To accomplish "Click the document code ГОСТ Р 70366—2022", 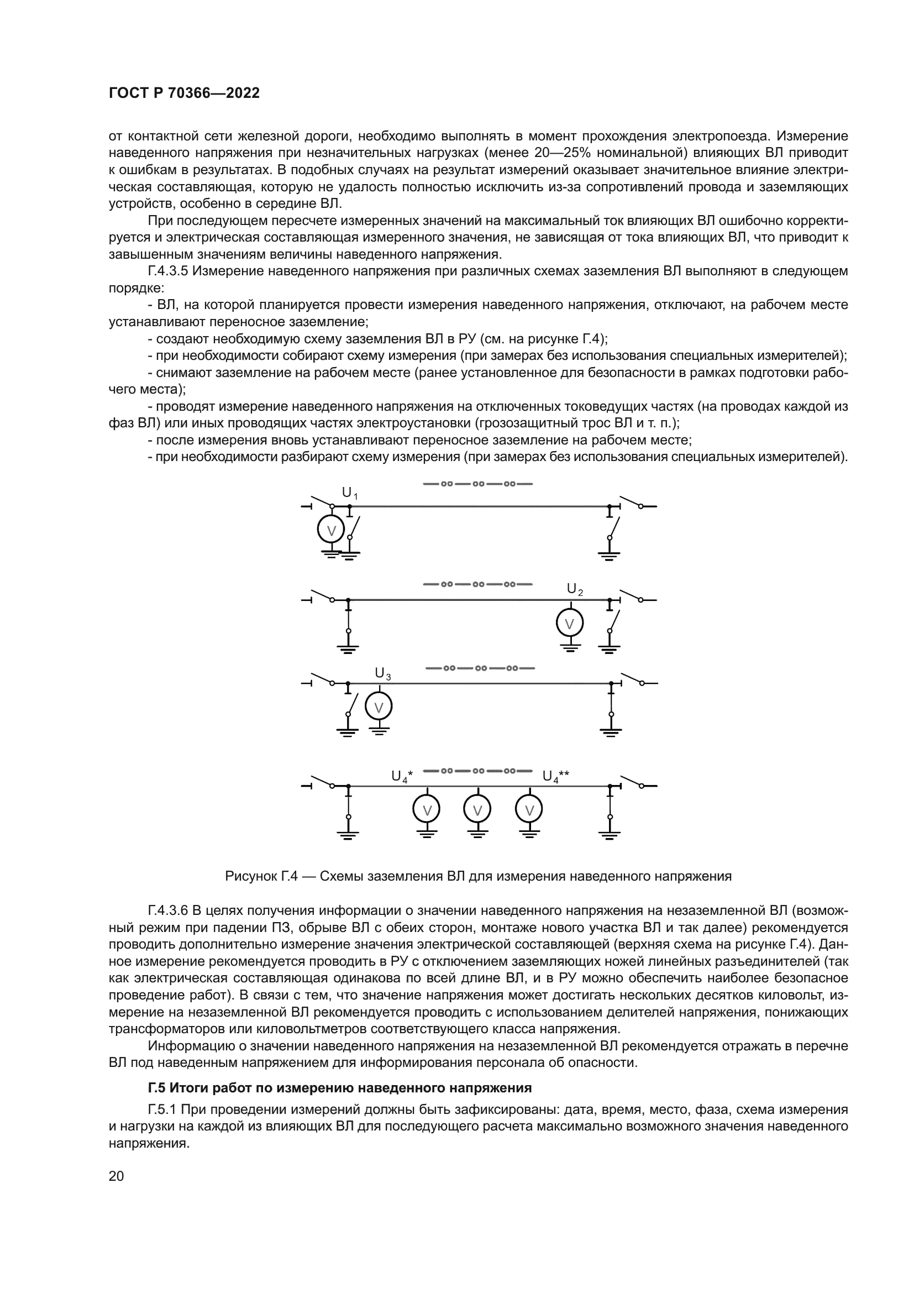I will click(x=184, y=93).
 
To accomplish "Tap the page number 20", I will click(x=116, y=1176).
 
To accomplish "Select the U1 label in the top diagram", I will click(x=349, y=493).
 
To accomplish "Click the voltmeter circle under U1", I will click(x=331, y=530).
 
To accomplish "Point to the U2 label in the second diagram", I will click(x=574, y=589).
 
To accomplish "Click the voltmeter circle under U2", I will click(x=570, y=624).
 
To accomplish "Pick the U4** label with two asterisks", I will click(x=555, y=776).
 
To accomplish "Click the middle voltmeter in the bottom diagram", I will click(x=477, y=810).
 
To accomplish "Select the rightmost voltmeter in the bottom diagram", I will click(x=529, y=810).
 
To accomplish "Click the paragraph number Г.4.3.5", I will click(x=170, y=271).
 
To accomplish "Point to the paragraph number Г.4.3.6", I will click(x=170, y=910).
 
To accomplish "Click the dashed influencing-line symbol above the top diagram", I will click(x=477, y=484).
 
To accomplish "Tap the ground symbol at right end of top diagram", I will click(x=609, y=556).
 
